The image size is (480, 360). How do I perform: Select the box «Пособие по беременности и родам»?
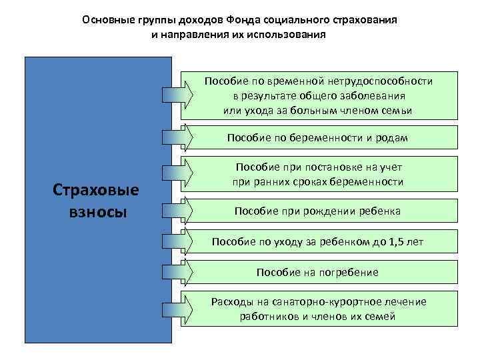317,137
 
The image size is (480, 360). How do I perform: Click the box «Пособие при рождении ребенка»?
317,211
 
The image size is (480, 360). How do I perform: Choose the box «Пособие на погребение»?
317,272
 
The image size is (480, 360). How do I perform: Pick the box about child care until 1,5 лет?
317,241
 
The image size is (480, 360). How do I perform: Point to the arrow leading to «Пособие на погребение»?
177,272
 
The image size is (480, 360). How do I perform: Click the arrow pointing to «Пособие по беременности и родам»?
177,137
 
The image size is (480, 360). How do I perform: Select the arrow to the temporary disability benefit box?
177,95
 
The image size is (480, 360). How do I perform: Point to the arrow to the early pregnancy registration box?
177,175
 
